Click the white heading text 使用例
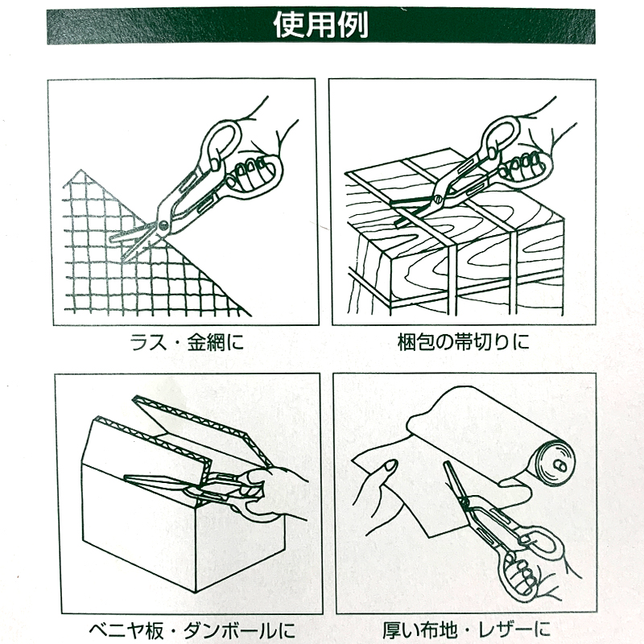coord(320,25)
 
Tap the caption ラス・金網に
coord(187,342)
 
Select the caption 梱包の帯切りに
coord(464,342)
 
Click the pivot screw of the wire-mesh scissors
coord(164,225)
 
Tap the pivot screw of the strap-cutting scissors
coord(438,200)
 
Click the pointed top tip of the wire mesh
coord(81,171)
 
